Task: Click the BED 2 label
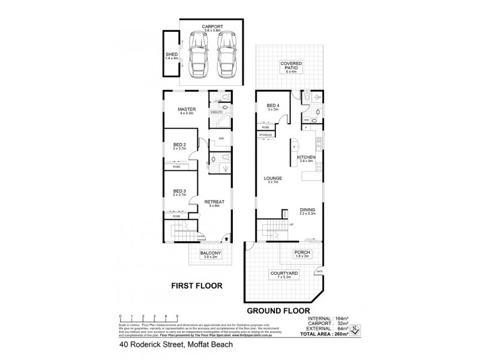[x=179, y=145]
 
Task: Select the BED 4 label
[x=273, y=107]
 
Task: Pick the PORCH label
[x=301, y=253]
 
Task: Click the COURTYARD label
[x=280, y=274]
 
